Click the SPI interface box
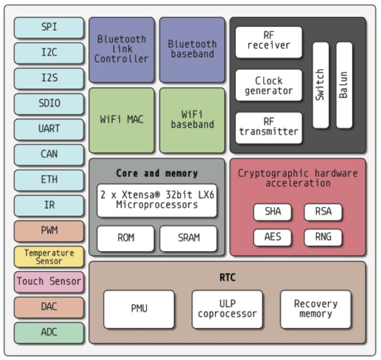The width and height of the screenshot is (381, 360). (49, 28)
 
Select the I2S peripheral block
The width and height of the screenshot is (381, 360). (49, 78)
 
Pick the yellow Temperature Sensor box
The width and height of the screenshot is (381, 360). (49, 257)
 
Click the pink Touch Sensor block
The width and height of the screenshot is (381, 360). (49, 282)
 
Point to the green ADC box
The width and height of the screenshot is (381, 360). (49, 332)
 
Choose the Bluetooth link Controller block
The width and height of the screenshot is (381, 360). (121, 49)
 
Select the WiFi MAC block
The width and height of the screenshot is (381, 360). (121, 120)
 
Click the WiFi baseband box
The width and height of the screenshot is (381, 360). (192, 120)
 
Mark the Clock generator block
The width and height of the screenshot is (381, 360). (269, 85)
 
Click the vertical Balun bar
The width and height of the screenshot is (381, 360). (344, 85)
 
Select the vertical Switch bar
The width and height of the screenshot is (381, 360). (320, 85)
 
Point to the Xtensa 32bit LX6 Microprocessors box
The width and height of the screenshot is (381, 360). (157, 200)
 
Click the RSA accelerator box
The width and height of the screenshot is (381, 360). (323, 212)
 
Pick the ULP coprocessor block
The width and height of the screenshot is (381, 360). (227, 309)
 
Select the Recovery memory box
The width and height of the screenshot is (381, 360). (316, 309)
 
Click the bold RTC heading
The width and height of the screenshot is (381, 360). (227, 278)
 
